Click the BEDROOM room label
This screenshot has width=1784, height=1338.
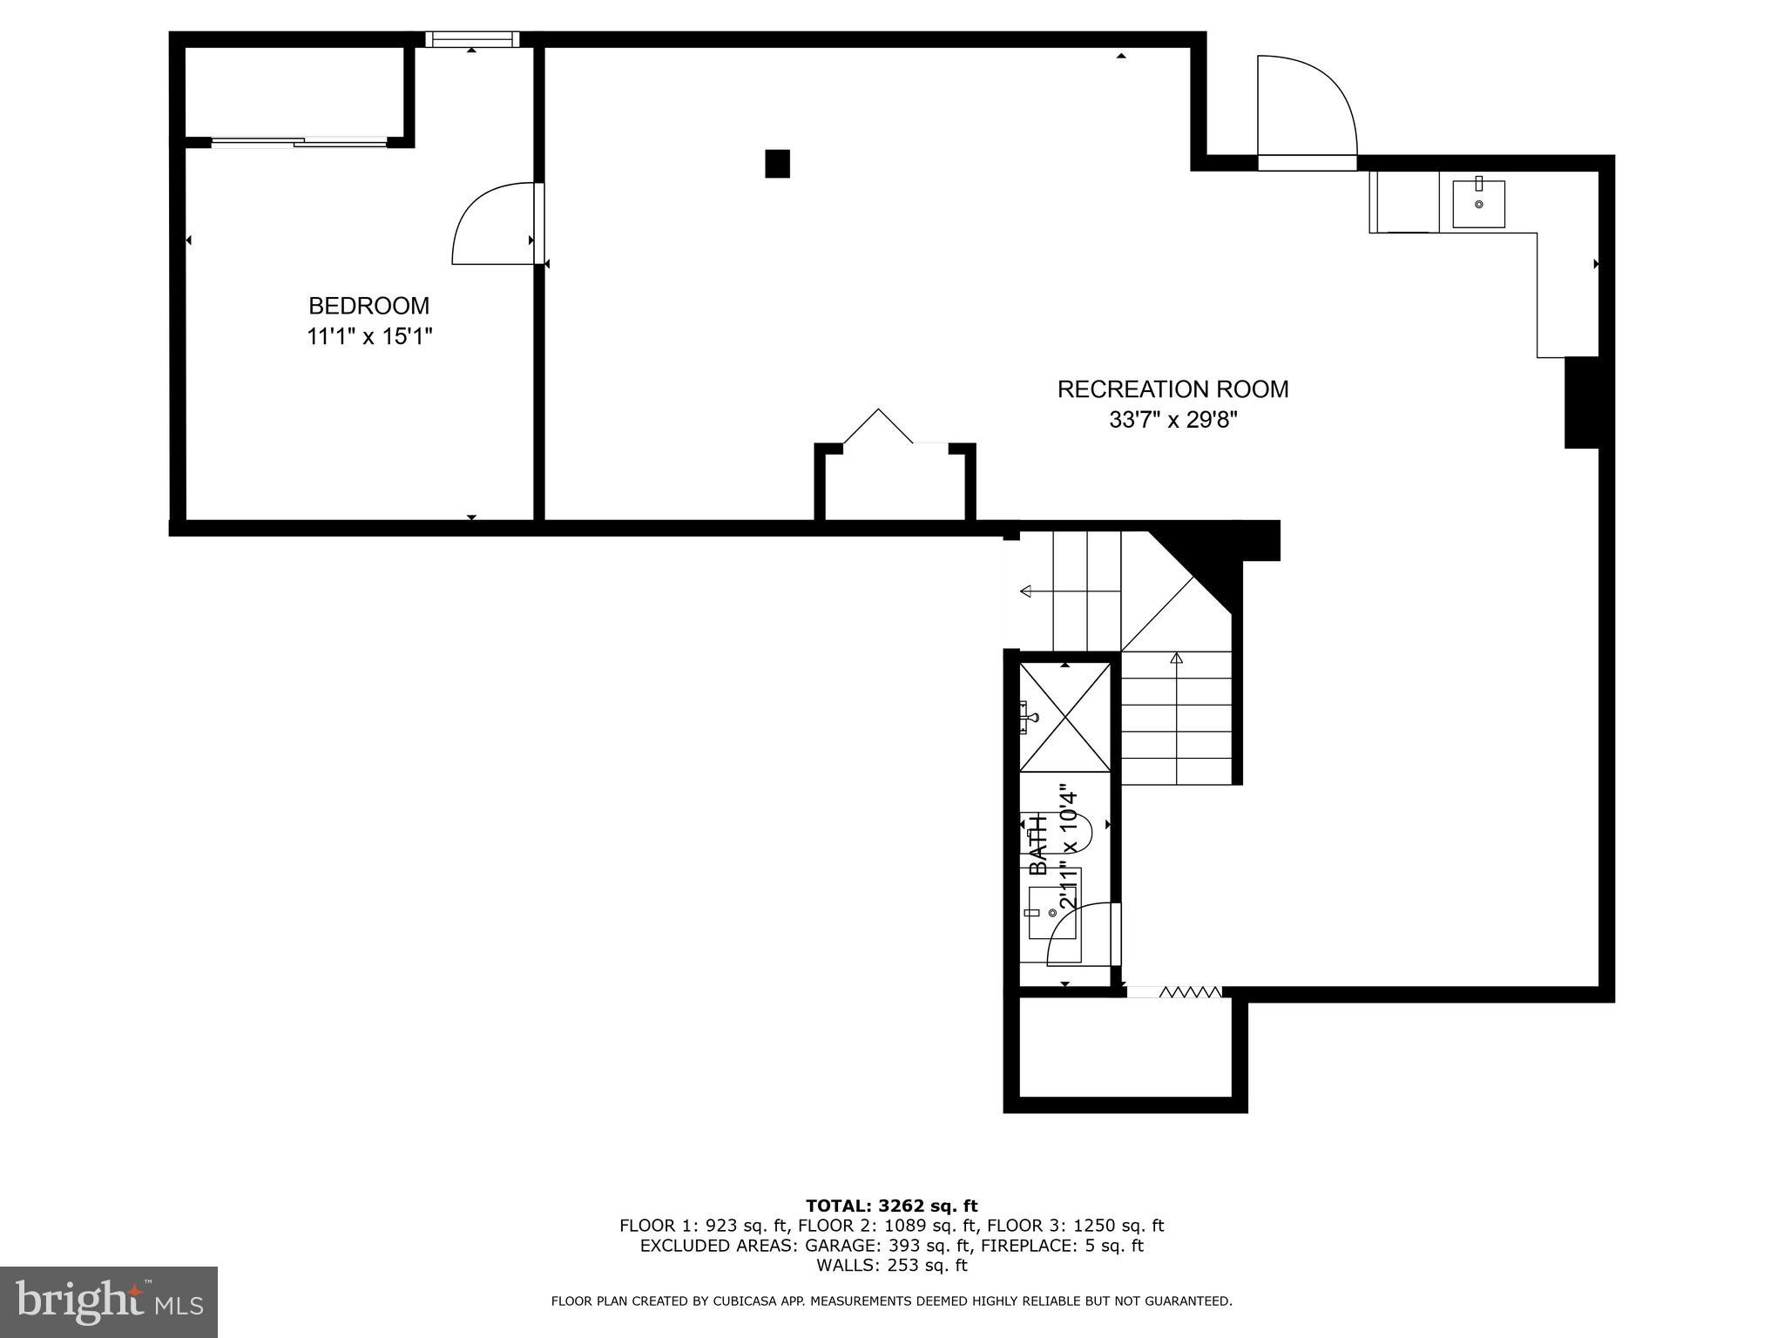tap(368, 306)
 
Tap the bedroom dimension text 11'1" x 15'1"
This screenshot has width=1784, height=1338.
tap(368, 336)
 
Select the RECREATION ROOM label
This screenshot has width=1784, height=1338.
tap(1172, 389)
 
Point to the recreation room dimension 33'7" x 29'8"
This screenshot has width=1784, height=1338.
tap(1172, 420)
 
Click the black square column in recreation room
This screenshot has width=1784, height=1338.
tap(777, 164)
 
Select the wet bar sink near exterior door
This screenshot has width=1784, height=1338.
tap(1478, 203)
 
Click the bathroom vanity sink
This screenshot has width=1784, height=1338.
tap(1052, 912)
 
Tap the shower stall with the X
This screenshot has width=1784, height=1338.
tap(1064, 717)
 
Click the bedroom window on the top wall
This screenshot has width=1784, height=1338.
tap(471, 39)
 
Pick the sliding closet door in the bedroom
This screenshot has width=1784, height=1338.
tap(299, 142)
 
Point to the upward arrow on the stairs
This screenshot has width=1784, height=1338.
tap(1177, 659)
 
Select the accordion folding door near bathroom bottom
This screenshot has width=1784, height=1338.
tap(1189, 991)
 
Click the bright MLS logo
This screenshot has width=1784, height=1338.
tap(109, 1301)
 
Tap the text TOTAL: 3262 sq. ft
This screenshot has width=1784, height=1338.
tap(891, 1206)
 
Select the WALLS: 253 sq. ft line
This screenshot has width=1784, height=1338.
tap(891, 1265)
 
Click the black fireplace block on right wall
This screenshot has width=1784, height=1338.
tap(1581, 402)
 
